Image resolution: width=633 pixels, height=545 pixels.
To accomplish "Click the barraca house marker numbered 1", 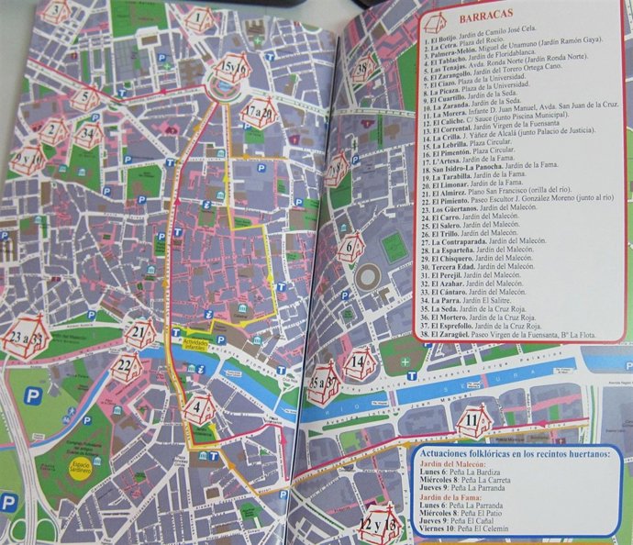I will [x=199, y=17].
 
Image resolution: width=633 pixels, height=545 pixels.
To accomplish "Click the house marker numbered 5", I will [x=85, y=97].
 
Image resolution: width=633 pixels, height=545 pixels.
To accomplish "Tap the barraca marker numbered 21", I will [x=139, y=333].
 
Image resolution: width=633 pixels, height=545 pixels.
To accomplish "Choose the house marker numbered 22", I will [x=127, y=367].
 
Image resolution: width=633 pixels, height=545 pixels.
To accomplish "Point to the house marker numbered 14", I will [x=358, y=365].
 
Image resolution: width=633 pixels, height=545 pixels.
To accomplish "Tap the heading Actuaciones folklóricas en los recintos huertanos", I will [x=513, y=454].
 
